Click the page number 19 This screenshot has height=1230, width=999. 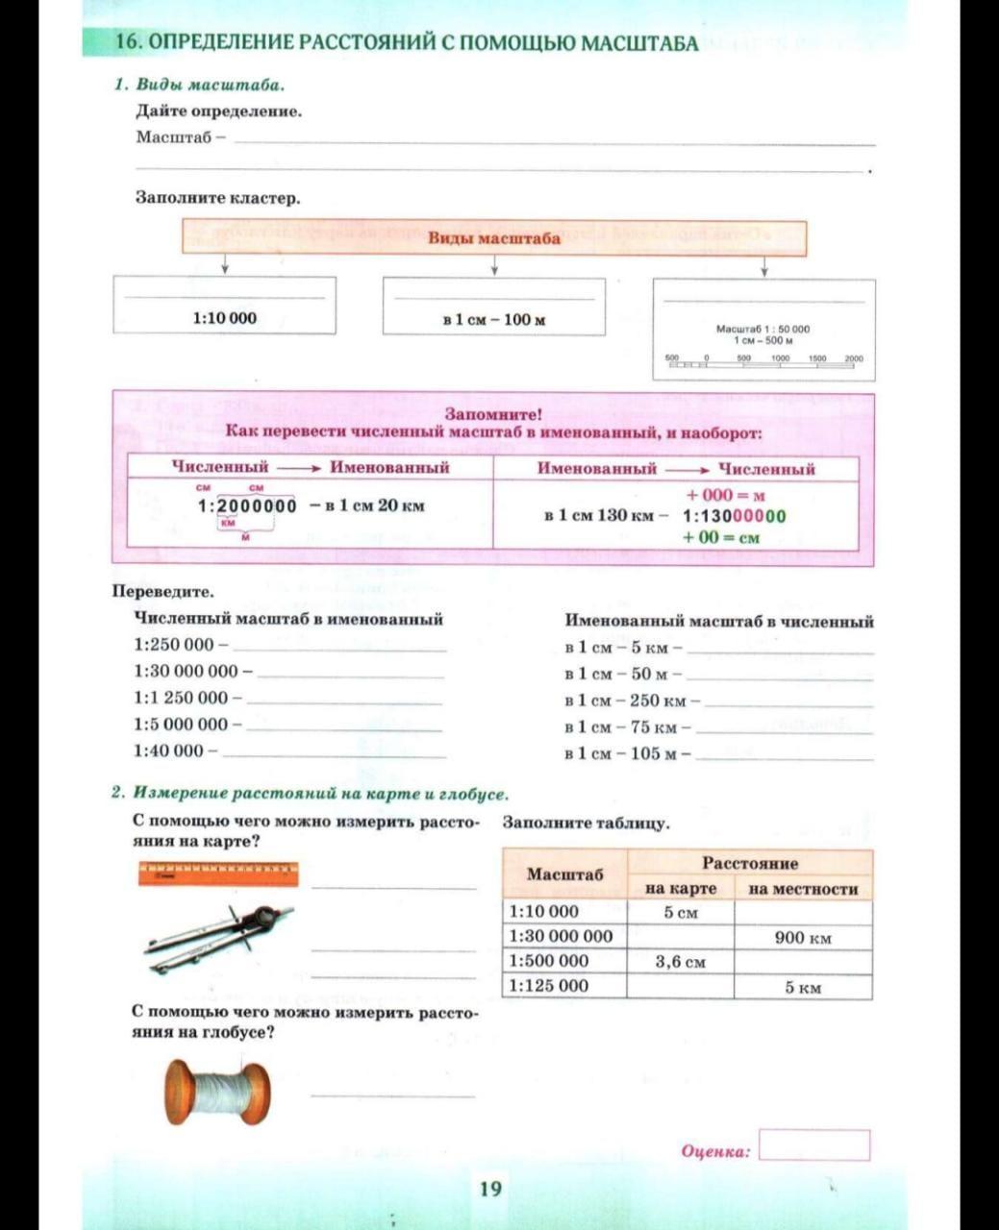(490, 1189)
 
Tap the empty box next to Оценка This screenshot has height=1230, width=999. (813, 1145)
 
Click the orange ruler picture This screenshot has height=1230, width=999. (218, 873)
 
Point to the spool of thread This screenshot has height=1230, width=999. (217, 1092)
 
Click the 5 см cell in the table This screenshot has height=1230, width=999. (680, 912)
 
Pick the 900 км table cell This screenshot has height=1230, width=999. (803, 937)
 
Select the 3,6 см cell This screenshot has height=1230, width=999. (680, 961)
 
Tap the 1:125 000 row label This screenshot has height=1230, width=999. (548, 986)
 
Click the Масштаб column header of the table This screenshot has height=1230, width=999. (565, 874)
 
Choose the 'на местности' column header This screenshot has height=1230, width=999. (803, 889)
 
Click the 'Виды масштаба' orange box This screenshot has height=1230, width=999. (494, 238)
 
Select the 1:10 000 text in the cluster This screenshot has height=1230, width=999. (225, 318)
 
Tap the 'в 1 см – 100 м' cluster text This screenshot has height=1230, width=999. (494, 319)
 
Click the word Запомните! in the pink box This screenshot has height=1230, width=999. (493, 414)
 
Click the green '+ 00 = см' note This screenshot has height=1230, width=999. (720, 537)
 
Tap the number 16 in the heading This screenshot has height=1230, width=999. (129, 43)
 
